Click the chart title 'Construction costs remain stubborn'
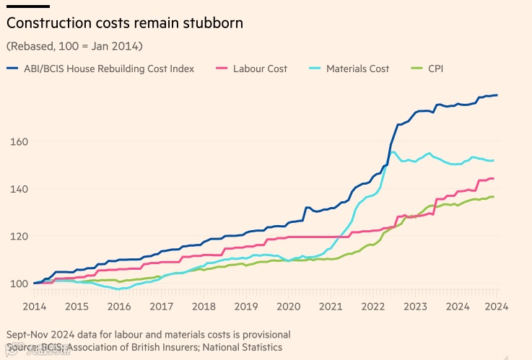point(124,23)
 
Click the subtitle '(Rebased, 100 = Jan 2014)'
point(74,46)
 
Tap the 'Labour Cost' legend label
point(260,69)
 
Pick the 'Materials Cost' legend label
point(357,69)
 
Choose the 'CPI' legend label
point(437,69)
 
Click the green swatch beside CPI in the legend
point(416,69)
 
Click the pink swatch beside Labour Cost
point(222,69)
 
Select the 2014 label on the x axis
point(34,306)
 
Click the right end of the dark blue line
point(497,95)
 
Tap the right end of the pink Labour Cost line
point(493,178)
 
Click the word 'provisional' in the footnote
point(263,335)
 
